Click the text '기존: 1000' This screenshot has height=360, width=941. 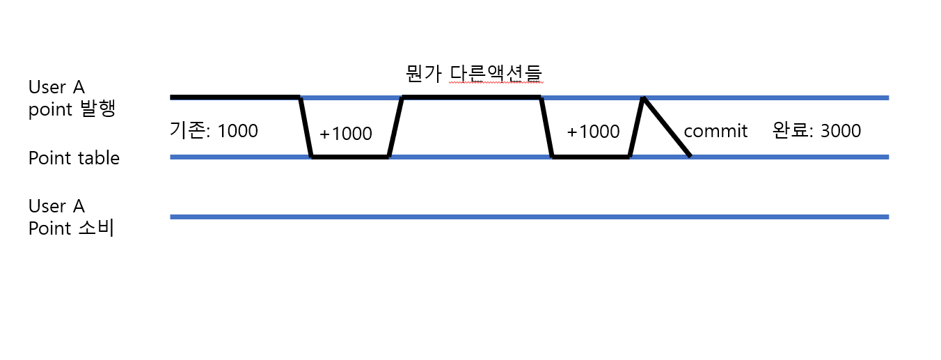pyautogui.click(x=214, y=130)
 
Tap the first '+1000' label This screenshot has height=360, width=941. pyautogui.click(x=346, y=134)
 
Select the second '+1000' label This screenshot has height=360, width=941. pyautogui.click(x=593, y=132)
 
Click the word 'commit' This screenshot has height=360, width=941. pyautogui.click(x=715, y=131)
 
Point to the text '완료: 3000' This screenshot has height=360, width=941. pyautogui.click(x=816, y=130)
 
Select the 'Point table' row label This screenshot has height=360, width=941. pyautogui.click(x=74, y=158)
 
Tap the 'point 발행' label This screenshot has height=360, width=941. pyautogui.click(x=72, y=110)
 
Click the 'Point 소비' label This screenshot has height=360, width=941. pyautogui.click(x=71, y=228)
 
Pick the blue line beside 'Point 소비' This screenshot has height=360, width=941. pyautogui.click(x=529, y=217)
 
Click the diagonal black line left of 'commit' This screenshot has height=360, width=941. pyautogui.click(x=667, y=127)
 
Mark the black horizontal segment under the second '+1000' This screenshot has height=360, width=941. pyautogui.click(x=590, y=157)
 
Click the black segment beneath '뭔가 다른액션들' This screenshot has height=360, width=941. pyautogui.click(x=472, y=97)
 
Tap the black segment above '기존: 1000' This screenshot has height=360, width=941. pyautogui.click(x=235, y=97)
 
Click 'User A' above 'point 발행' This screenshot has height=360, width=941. pyautogui.click(x=56, y=88)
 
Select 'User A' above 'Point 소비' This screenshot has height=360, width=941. pyautogui.click(x=56, y=207)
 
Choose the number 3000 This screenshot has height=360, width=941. pyautogui.click(x=841, y=130)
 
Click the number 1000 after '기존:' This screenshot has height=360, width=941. pyautogui.click(x=237, y=130)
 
